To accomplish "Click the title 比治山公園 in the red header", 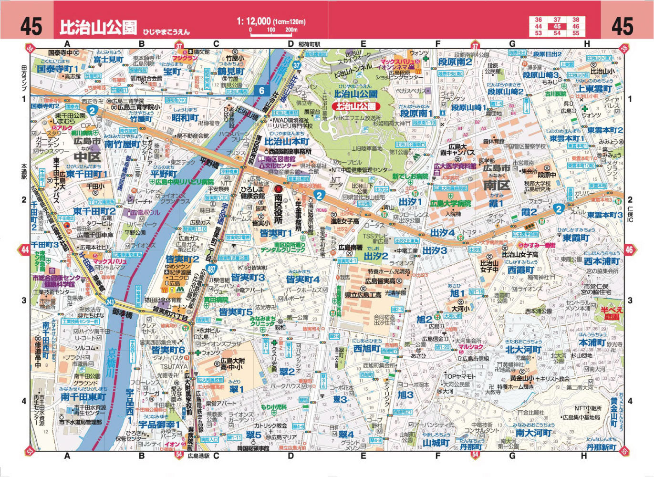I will pos(98,28).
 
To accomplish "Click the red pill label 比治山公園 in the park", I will pos(356,106).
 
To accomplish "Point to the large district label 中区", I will pos(87,157).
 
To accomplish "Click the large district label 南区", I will pos(496,185).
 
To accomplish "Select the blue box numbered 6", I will pos(262,91).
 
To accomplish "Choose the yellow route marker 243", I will pos(111,302).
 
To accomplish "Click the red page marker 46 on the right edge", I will pos(629,249).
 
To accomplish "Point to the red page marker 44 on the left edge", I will pos(25,249).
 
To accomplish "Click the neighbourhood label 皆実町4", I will pos(302,279).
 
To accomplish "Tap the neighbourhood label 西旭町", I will pos(366,349).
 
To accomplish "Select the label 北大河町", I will pos(523,350).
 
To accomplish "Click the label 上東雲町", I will pos(594,89).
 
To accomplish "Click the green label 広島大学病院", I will pos(450,204).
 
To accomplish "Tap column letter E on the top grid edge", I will pos(363,44).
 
